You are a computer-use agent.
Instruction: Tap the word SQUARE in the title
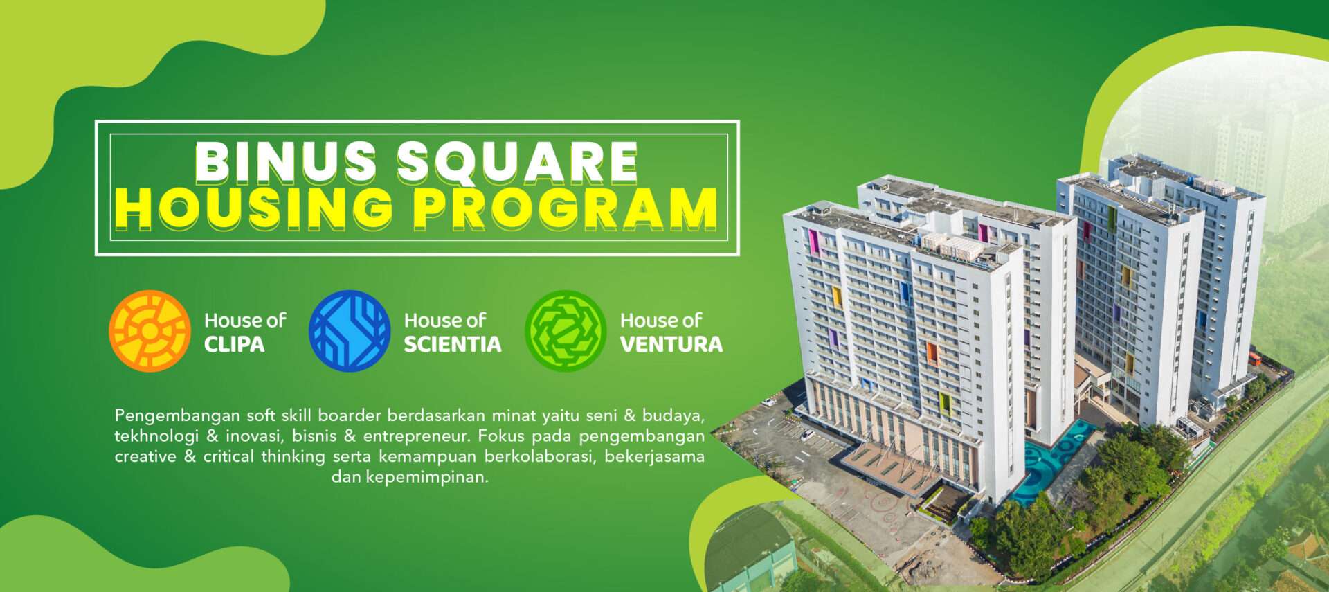[516, 161]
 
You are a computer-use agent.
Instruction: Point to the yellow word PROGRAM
[565, 208]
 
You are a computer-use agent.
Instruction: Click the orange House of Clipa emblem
[150, 331]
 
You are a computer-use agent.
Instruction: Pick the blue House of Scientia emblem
[350, 331]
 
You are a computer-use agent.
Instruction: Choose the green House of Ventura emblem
[566, 331]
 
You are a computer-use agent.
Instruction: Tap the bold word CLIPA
[234, 344]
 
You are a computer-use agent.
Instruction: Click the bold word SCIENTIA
[452, 344]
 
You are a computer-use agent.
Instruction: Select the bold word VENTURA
[671, 344]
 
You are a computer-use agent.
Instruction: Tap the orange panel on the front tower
[932, 353]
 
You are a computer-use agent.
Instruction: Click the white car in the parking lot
[806, 435]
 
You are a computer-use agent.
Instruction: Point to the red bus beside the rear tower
[1254, 358]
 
